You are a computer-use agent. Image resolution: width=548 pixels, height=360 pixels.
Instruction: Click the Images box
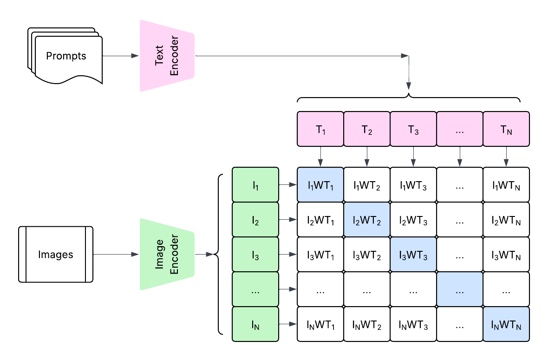pyautogui.click(x=56, y=255)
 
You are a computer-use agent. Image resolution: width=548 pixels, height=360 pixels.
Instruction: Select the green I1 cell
pyautogui.click(x=255, y=185)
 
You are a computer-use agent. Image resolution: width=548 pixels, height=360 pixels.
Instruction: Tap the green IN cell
pyautogui.click(x=255, y=324)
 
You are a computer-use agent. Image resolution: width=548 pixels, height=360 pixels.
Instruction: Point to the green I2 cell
pyautogui.click(x=255, y=220)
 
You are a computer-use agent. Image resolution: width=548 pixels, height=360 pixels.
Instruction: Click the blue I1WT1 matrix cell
pyautogui.click(x=320, y=185)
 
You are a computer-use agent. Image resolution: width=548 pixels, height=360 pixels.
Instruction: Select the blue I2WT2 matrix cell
pyautogui.click(x=367, y=220)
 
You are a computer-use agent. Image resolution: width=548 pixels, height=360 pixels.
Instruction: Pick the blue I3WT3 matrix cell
pyautogui.click(x=413, y=255)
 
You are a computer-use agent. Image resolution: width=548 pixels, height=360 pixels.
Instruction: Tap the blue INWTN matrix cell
pyautogui.click(x=506, y=324)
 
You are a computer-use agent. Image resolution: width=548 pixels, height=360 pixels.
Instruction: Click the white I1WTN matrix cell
pyautogui.click(x=506, y=185)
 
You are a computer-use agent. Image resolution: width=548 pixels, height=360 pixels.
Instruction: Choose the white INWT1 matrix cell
pyautogui.click(x=320, y=324)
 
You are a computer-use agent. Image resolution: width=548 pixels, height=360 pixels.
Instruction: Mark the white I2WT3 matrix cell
pyautogui.click(x=413, y=220)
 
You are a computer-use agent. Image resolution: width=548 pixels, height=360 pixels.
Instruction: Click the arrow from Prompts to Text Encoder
pyautogui.click(x=120, y=56)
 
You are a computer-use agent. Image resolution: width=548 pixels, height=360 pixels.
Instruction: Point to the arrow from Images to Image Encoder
pyautogui.click(x=116, y=255)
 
